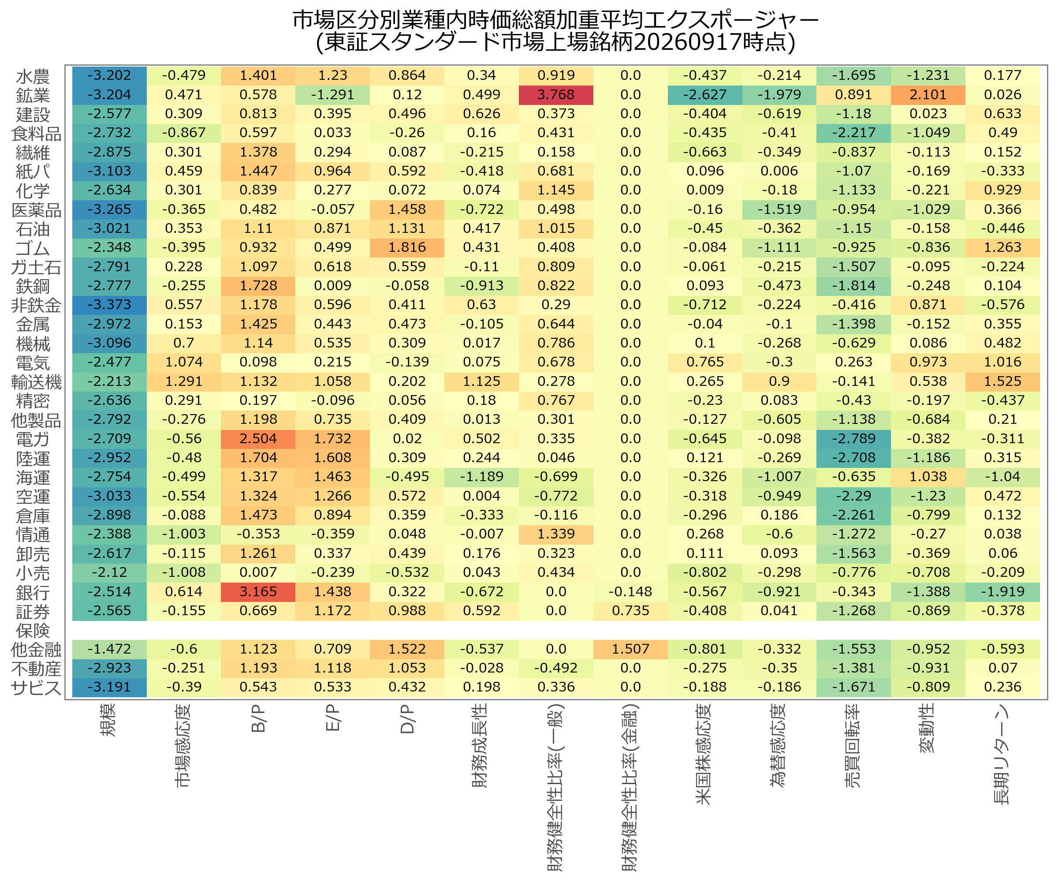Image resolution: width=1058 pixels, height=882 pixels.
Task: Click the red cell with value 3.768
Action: tap(556, 95)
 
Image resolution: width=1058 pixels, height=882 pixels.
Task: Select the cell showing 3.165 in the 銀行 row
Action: tap(258, 592)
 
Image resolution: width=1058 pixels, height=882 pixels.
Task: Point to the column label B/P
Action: tap(258, 719)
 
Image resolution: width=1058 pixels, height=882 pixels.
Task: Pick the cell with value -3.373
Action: tap(109, 305)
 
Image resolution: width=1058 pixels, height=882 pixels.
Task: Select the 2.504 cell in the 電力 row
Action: tap(258, 439)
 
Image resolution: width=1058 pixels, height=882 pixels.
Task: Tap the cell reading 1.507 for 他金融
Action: tap(630, 649)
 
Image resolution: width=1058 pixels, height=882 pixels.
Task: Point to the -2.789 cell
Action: tap(853, 439)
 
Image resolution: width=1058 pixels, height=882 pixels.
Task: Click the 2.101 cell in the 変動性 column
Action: tap(928, 95)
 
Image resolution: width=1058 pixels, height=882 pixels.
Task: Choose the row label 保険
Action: tap(33, 631)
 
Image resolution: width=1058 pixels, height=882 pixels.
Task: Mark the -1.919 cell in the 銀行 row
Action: tap(1002, 592)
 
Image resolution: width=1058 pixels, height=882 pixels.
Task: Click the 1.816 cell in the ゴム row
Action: tap(407, 247)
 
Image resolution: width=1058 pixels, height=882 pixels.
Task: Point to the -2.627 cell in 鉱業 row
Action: tap(705, 95)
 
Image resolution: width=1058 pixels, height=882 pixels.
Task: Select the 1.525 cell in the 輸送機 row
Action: tap(1002, 381)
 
